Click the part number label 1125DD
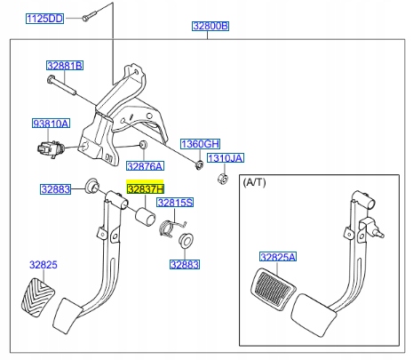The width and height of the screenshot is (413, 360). pos(43,19)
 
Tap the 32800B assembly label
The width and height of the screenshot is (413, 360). pos(210,27)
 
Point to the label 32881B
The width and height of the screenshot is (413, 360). pos(65,67)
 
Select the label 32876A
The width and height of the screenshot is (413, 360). pos(145,166)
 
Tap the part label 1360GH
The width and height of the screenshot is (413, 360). pos(201,143)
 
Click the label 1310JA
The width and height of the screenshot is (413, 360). pos(225,158)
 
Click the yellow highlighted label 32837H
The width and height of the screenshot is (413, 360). pos(146,189)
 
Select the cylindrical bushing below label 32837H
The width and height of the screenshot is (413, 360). pos(141,220)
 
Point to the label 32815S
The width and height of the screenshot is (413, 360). pos(175,204)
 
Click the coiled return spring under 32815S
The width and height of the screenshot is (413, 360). pos(166,231)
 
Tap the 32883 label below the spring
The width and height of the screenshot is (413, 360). pos(185,264)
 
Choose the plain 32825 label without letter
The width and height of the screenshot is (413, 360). pos(43,265)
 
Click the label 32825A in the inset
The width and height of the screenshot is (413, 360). pos(278,257)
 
